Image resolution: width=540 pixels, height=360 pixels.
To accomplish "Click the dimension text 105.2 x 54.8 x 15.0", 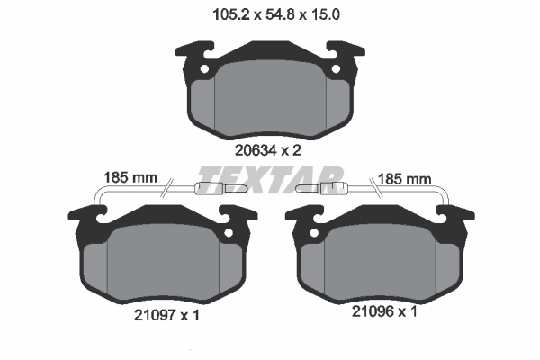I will (270, 14).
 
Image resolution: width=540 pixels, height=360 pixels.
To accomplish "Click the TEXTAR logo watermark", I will (270, 177).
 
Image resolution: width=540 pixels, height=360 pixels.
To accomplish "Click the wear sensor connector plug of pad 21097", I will (207, 189).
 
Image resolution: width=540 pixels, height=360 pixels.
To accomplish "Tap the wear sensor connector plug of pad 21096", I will (334, 189).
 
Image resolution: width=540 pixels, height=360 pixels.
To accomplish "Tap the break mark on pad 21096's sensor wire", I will (372, 190).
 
